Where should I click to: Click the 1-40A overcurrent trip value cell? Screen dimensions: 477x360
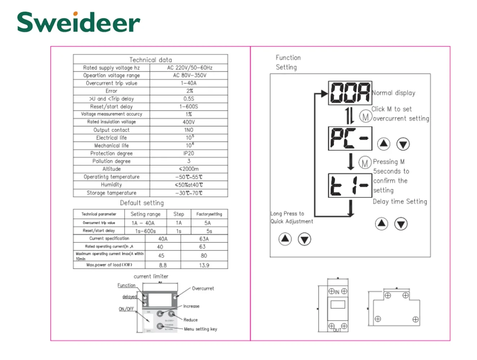coord(188,83)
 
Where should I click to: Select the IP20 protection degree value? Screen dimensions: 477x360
coord(188,153)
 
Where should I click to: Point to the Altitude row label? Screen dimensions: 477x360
coord(111,169)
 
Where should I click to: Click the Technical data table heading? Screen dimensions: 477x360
coord(150,60)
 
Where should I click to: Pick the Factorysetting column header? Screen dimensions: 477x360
coord(209,214)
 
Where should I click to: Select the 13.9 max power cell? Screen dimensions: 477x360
coord(204,265)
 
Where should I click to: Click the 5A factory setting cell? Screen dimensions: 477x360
coord(208,223)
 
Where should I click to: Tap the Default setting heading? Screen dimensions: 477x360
coord(142,203)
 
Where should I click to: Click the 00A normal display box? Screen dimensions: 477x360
coord(350,93)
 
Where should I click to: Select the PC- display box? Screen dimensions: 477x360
coord(350,138)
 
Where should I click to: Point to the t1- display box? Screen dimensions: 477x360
coord(350,185)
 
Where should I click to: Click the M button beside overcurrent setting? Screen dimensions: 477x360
coord(365,116)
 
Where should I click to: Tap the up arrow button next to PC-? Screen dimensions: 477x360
coord(384,144)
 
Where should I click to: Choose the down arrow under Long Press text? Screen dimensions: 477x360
coord(304,239)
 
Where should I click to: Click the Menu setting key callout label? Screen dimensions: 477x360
coord(200,329)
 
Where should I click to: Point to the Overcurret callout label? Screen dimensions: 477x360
coord(202,288)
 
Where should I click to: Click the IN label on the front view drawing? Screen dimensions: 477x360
coord(337,292)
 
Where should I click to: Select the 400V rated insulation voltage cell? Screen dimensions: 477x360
coord(188,122)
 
